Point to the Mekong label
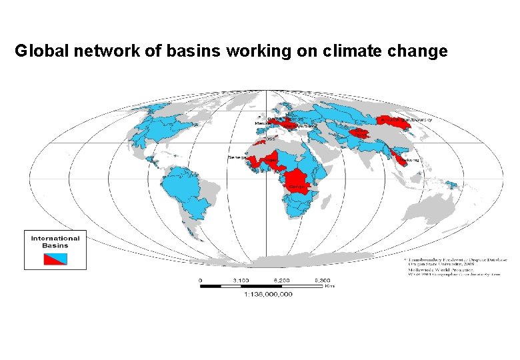point(411,161)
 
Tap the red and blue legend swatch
point(55,258)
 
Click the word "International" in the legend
point(55,238)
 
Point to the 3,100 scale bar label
point(241,280)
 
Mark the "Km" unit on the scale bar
point(329,287)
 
